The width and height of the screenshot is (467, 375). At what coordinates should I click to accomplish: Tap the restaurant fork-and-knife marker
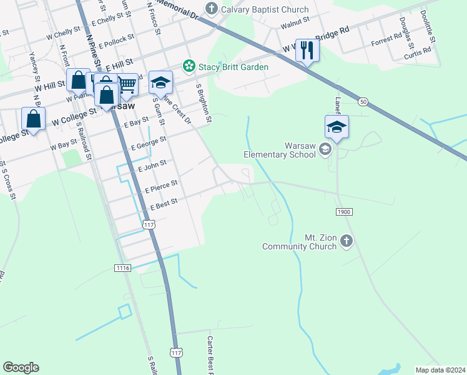tap(306, 49)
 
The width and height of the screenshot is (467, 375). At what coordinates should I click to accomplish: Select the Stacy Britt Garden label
tap(233, 67)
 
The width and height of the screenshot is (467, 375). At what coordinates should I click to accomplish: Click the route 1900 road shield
tap(344, 212)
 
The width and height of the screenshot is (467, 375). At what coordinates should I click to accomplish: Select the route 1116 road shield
tap(122, 267)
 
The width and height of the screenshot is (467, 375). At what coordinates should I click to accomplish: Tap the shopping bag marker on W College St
tap(33, 118)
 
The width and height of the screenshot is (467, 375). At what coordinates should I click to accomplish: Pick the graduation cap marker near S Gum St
tap(160, 81)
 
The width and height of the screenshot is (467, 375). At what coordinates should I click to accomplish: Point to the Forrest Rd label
tap(386, 41)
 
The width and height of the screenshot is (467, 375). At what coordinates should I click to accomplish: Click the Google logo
tap(21, 367)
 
